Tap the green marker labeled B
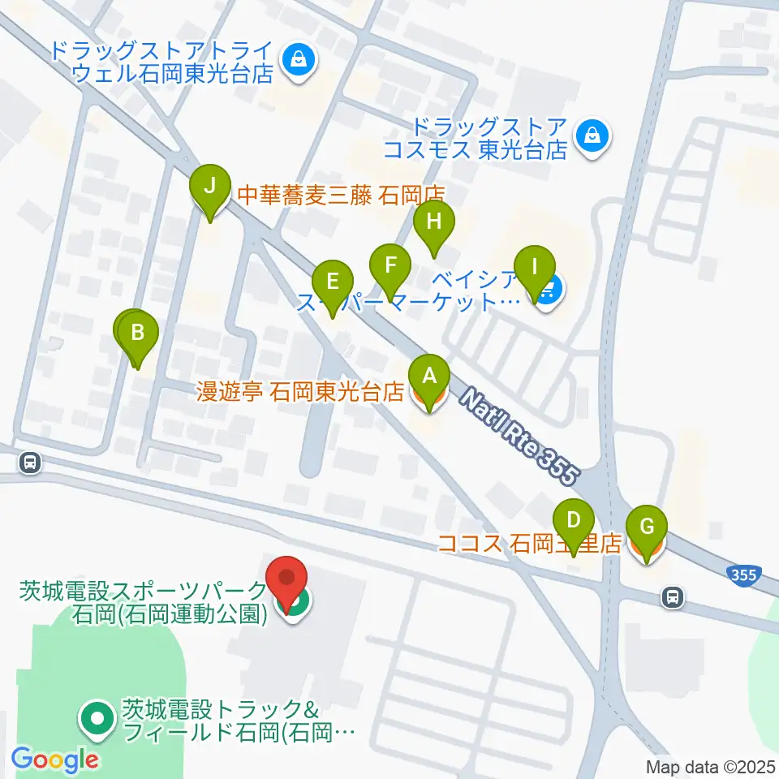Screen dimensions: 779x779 point(138,333)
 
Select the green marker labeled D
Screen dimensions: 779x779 point(574,519)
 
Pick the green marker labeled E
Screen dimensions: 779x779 point(333,282)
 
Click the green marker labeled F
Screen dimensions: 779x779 point(390,265)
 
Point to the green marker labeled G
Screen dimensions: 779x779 point(647,526)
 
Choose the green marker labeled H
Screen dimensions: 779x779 point(434,221)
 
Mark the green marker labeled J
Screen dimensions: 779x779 point(209,186)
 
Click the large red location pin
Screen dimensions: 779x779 point(288,579)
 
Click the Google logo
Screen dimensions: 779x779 point(54,760)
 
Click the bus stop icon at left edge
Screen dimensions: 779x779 point(30,463)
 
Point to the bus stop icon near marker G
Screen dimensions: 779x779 point(672,598)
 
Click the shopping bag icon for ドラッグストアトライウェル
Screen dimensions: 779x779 point(299,59)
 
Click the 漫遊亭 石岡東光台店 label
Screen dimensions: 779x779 point(300,393)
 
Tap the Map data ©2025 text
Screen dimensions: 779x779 point(711,766)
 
